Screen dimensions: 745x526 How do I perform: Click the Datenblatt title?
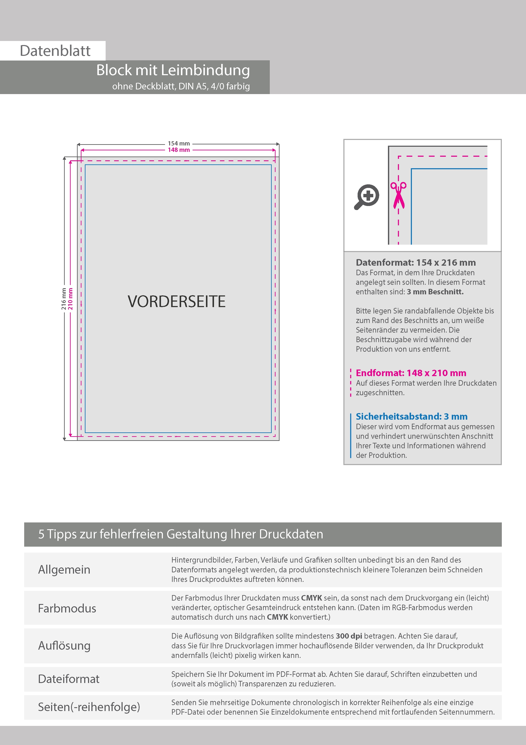55,51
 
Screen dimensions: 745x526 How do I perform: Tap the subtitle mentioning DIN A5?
181,86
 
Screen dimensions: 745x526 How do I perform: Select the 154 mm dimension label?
179,143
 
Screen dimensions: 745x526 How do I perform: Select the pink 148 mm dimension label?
179,150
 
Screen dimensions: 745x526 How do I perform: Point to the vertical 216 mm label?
64,299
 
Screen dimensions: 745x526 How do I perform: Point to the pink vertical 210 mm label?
70,299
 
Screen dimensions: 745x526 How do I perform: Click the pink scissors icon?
398,195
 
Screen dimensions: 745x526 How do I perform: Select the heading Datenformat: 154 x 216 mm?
415,262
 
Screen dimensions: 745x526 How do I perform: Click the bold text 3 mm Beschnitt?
435,292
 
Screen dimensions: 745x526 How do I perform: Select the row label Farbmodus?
67,608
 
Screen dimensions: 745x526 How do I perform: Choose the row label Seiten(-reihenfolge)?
89,707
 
